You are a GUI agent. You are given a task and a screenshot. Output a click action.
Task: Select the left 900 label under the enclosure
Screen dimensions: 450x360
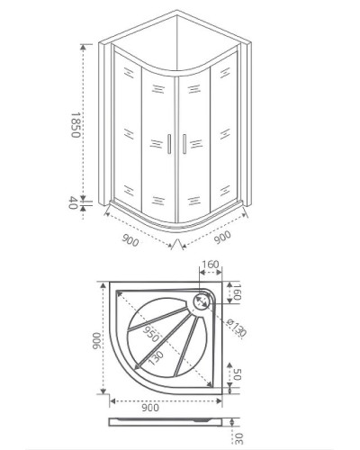pos(130,240)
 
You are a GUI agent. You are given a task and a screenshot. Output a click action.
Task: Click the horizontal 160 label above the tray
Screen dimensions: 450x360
pos(211,267)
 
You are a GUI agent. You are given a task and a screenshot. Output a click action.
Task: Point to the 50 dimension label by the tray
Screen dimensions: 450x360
pos(237,373)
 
